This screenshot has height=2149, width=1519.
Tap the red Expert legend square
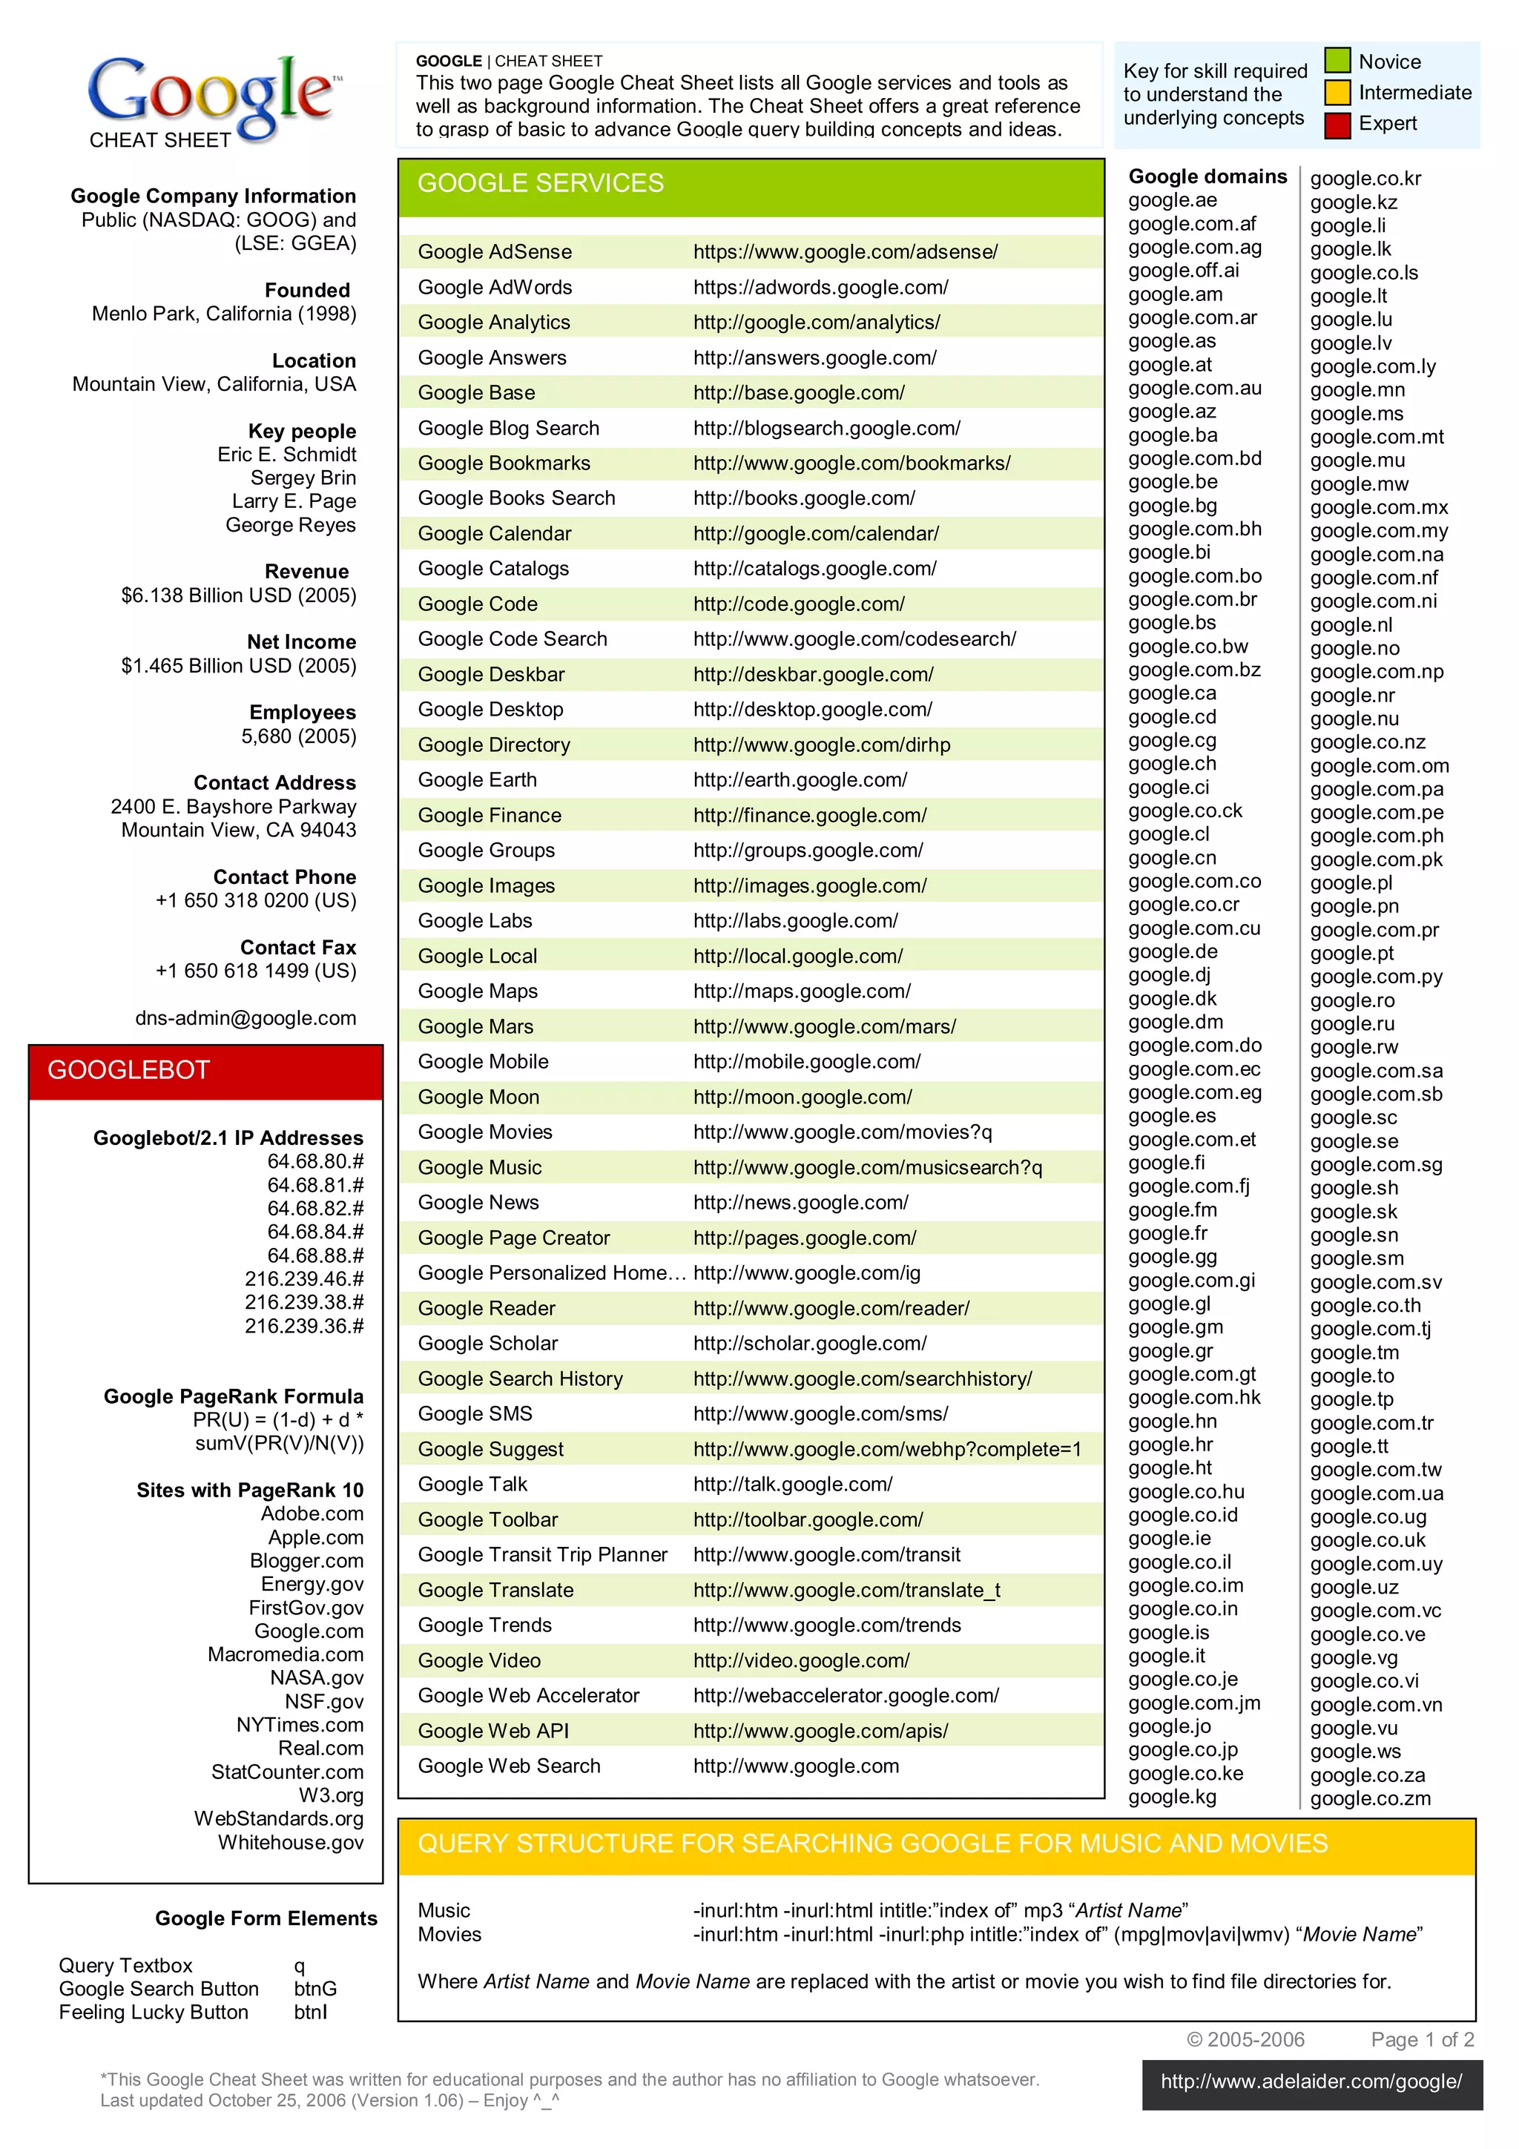coord(1337,125)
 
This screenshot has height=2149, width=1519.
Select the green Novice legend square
coord(1337,62)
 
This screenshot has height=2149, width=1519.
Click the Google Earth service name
coord(478,779)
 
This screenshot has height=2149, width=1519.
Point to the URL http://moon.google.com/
coord(802,1097)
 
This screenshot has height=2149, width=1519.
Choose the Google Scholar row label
coord(487,1343)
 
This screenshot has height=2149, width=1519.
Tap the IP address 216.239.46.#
coord(304,1278)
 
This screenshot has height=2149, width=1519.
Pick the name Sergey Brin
coord(303,478)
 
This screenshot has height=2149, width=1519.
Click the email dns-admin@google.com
coord(246,1018)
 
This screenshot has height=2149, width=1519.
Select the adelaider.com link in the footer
coord(1311,2082)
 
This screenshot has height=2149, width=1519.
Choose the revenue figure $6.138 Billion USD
coord(239,595)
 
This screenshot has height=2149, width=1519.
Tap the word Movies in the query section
coord(449,1935)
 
